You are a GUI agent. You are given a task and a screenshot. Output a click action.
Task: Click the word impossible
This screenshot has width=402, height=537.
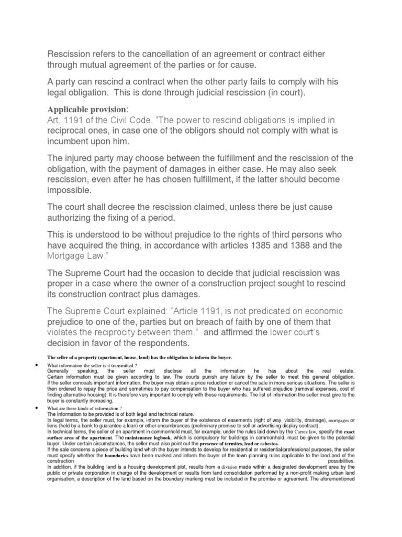click(70, 190)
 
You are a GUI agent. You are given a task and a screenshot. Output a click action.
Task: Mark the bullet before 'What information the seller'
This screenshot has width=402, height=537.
click(38, 364)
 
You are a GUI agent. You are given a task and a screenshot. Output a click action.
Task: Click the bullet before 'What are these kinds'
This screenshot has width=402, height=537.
click(38, 407)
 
